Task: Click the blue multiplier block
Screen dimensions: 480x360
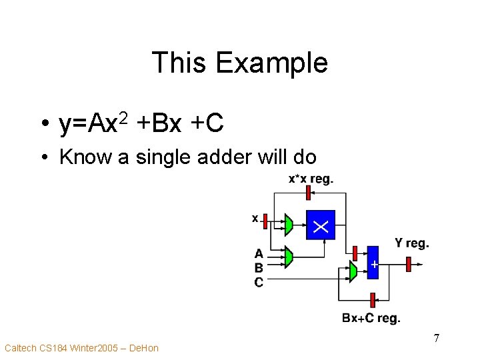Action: click(x=320, y=225)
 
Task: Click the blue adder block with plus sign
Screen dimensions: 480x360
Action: click(x=373, y=264)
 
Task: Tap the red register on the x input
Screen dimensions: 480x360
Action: click(x=265, y=219)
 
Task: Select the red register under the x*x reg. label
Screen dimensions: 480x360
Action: click(x=308, y=193)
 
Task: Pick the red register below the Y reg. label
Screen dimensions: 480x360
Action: click(x=409, y=264)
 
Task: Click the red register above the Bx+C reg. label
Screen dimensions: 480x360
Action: click(x=373, y=300)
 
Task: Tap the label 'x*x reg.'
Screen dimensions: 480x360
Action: click(x=310, y=179)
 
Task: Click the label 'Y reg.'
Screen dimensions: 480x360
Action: click(x=411, y=243)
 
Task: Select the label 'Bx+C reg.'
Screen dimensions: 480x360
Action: click(x=371, y=319)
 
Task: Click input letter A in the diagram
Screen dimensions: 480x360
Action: click(x=259, y=253)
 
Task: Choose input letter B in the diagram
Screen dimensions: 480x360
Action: click(x=259, y=267)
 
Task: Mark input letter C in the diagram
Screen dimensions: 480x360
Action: click(x=259, y=282)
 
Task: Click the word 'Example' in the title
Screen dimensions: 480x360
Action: click(x=272, y=63)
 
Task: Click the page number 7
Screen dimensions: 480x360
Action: click(x=436, y=338)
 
